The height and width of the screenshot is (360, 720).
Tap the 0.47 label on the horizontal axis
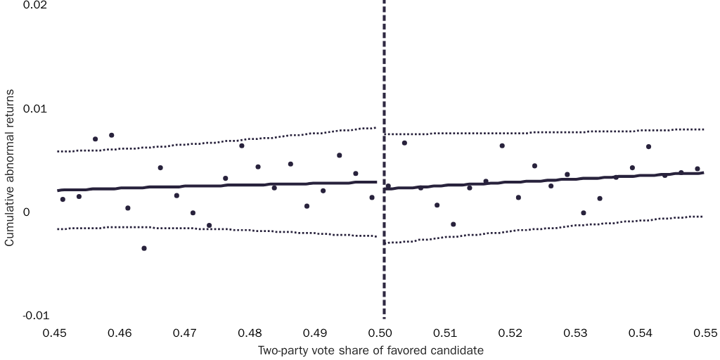(186, 331)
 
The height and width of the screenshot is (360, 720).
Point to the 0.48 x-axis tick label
(251, 331)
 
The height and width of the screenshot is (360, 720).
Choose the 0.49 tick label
(316, 331)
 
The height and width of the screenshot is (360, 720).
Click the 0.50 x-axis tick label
(381, 331)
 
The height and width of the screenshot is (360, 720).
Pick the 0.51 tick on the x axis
(446, 331)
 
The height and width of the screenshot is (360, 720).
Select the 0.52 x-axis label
(510, 331)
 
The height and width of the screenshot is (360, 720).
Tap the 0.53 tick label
(575, 331)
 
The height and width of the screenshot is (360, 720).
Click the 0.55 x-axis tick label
(705, 331)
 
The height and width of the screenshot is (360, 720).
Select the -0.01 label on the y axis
(35, 316)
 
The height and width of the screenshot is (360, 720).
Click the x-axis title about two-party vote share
(371, 350)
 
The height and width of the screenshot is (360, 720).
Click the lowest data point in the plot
(144, 248)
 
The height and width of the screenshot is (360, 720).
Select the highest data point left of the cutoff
(112, 135)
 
